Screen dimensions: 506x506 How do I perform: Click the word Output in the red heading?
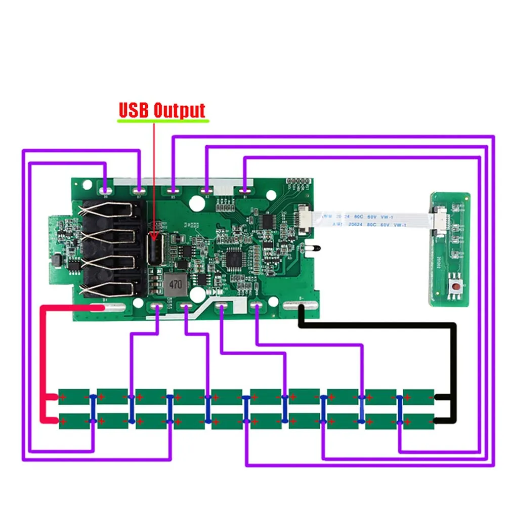[x=179, y=110]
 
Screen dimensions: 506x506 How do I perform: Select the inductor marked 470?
[x=175, y=284]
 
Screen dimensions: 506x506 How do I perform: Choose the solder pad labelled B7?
[x=139, y=191]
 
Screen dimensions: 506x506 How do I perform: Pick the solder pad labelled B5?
[x=173, y=191]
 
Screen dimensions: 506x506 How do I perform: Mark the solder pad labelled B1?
[x=245, y=191]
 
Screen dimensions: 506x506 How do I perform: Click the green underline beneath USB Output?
[x=162, y=121]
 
